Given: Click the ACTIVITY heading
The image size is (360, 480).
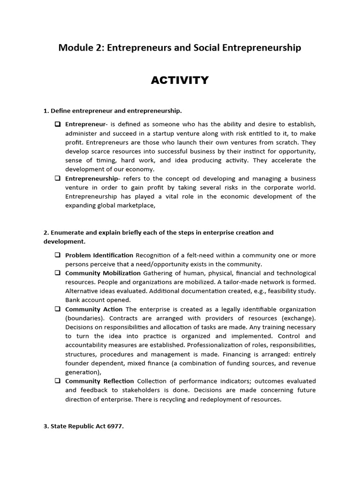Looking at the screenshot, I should point(180,80).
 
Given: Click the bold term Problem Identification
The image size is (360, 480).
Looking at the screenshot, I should point(99,255).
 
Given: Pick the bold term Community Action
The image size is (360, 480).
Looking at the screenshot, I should point(94,309).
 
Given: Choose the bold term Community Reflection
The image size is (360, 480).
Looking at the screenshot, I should point(99,381).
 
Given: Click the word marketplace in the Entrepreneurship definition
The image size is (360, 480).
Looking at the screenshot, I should point(135,205).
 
